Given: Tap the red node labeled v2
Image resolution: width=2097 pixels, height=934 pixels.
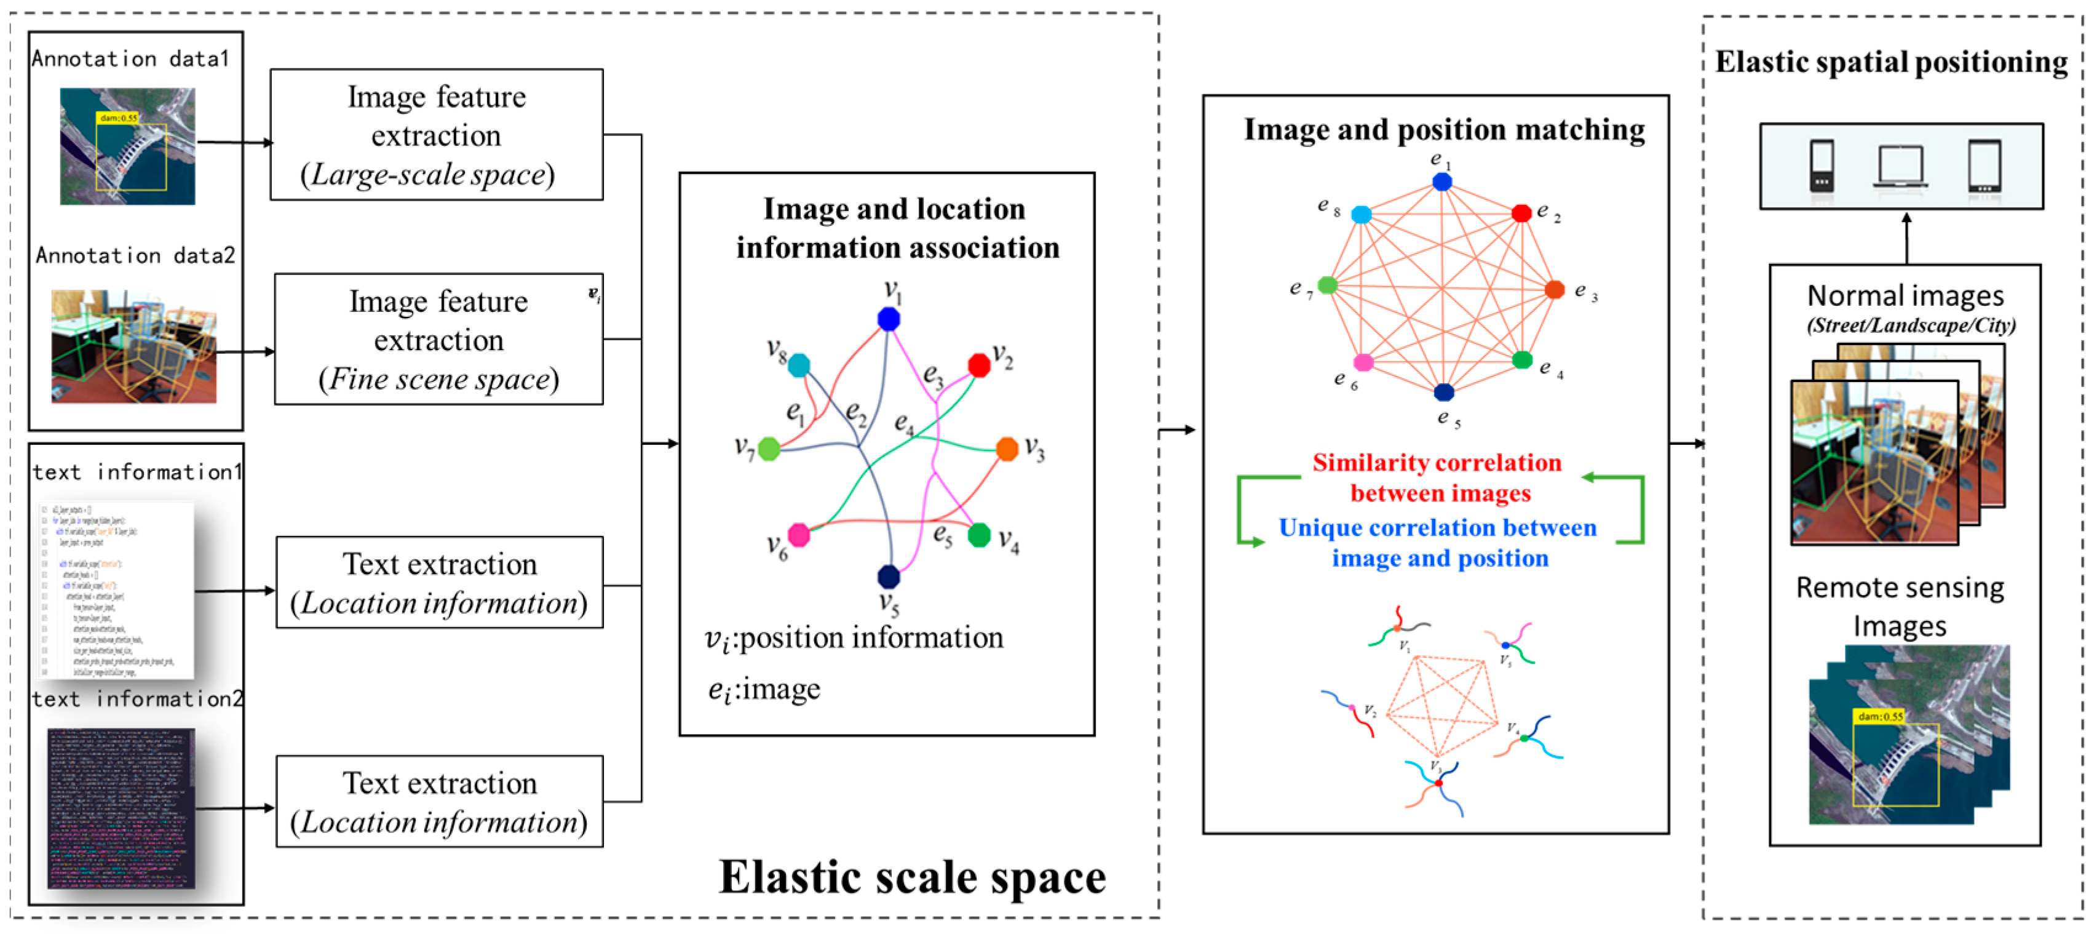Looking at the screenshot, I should (978, 365).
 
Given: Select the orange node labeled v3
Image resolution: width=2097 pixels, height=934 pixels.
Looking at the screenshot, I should (1007, 449).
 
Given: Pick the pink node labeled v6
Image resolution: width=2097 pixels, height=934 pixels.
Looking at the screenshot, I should (799, 534).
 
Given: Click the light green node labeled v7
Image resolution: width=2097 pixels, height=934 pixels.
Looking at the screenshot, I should (769, 449).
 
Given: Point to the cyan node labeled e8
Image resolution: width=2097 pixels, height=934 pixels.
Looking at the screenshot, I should (1361, 214).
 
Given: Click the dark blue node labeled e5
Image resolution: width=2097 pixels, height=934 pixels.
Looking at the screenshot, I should (1443, 393).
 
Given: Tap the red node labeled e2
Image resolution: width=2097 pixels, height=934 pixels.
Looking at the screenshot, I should (1521, 214).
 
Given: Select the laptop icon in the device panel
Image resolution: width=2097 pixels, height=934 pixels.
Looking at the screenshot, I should (1900, 166).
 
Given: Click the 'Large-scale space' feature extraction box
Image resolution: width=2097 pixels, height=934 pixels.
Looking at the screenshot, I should (437, 135).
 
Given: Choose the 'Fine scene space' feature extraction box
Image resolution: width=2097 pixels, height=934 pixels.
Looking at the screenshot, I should (439, 340).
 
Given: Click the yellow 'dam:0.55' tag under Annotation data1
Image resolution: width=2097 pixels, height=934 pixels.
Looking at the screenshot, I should (118, 118).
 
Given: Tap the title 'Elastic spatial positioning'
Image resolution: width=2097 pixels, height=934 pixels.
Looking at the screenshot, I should (1890, 63).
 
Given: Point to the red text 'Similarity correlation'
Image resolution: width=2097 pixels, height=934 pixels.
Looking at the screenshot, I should (1436, 463).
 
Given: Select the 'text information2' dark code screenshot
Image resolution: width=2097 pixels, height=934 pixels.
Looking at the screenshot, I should (121, 808).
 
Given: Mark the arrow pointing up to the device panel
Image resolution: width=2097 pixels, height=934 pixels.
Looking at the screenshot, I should (1906, 236).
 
